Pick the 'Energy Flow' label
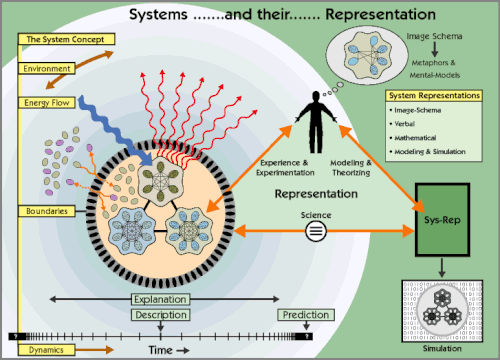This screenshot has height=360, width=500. coord(46,103)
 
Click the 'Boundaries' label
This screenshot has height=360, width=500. coord(44,212)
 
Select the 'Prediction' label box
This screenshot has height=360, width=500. coord(304,316)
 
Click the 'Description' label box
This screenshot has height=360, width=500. coord(159,316)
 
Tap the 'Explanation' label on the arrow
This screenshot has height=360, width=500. coord(159,299)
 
